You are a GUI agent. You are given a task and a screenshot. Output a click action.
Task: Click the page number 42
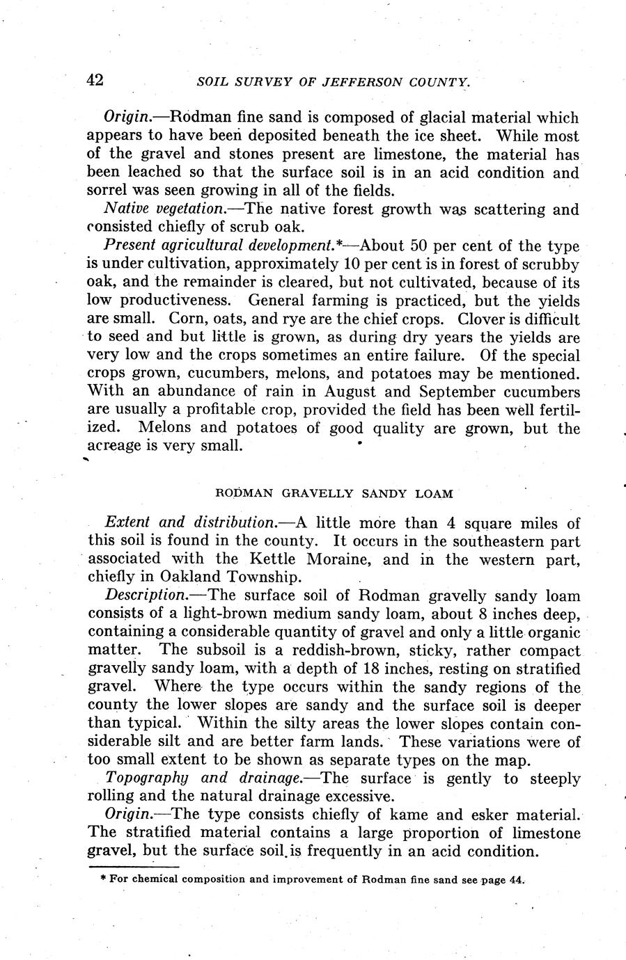[x=95, y=80]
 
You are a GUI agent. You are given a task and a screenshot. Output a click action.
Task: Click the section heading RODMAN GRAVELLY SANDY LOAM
[x=334, y=494]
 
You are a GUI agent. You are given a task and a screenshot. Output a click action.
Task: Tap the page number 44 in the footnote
[x=515, y=879]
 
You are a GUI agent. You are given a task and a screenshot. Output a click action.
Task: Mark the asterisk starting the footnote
[x=103, y=879]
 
